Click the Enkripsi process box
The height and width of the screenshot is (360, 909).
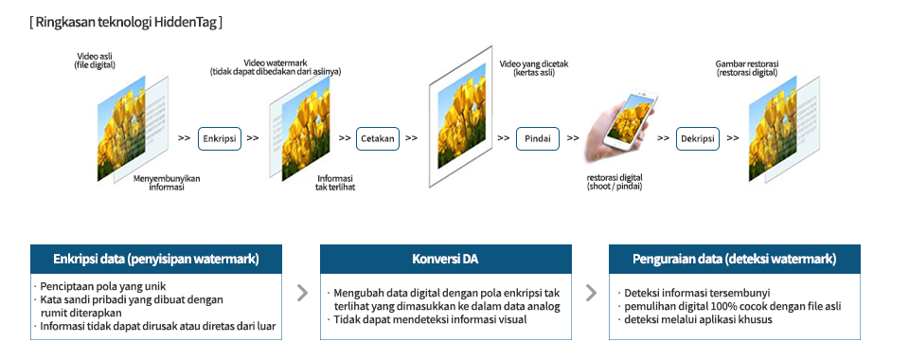coord(220,138)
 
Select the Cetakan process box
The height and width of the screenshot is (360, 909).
coord(378,138)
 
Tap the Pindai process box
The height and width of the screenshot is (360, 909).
coord(538,138)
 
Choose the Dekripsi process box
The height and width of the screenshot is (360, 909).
coord(698,138)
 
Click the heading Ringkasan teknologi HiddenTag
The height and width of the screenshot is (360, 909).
coord(126,23)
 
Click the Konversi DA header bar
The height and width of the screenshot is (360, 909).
coord(446,260)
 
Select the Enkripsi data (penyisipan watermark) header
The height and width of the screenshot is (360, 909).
coord(156,260)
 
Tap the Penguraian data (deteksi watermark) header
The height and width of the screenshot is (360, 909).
coord(735,260)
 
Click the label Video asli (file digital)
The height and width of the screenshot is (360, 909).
coord(95,61)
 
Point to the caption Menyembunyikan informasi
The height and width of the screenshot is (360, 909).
coord(167,183)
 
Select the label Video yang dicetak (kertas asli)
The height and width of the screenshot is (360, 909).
coord(526,68)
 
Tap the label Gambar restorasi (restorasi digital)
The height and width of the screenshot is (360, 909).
coord(747,68)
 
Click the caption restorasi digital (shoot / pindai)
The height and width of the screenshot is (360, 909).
coord(615,182)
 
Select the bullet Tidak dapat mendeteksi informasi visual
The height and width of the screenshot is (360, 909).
coord(426,319)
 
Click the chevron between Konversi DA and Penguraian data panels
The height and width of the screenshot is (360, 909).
coord(591,293)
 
